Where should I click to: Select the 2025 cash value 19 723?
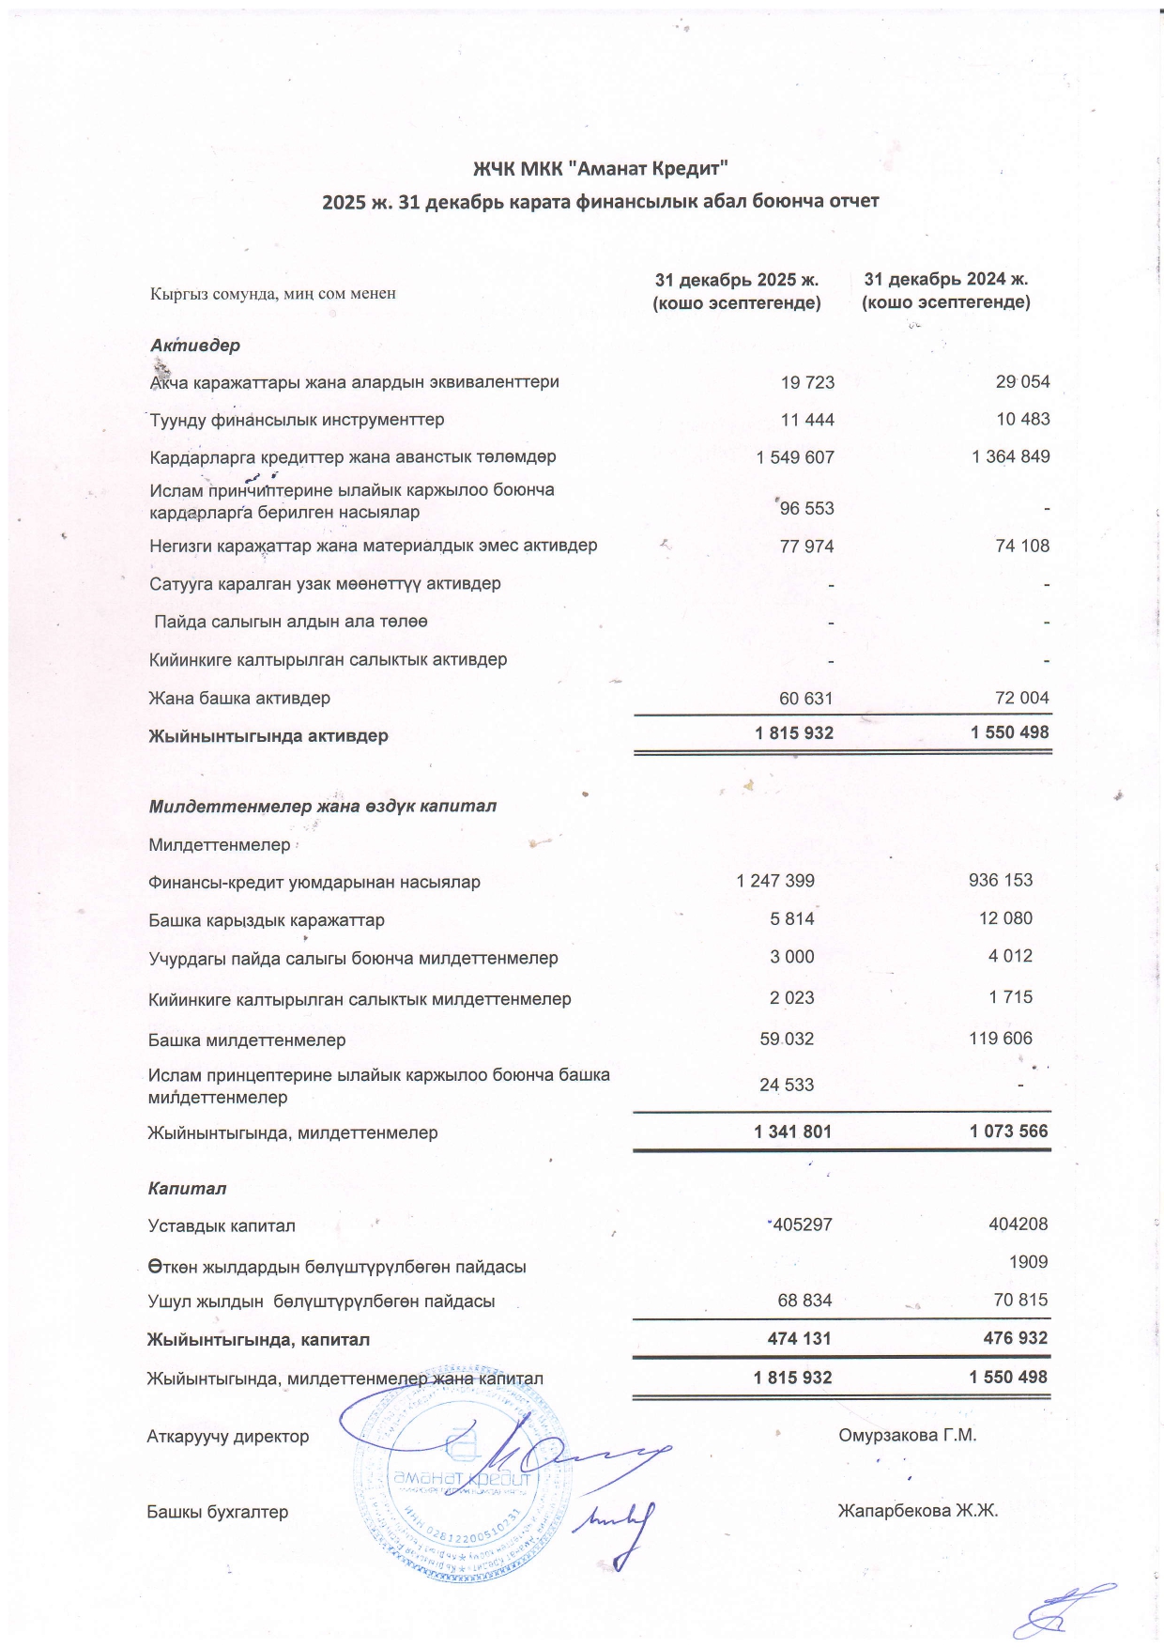tap(807, 382)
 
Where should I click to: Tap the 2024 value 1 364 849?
tap(1011, 456)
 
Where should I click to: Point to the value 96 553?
tap(807, 508)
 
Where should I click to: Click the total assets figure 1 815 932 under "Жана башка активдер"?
tap(794, 732)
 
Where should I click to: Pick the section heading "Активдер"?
tap(195, 345)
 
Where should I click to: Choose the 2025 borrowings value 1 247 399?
tap(775, 881)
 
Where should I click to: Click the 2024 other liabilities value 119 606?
tap(1001, 1038)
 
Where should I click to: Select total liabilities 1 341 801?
tap(792, 1132)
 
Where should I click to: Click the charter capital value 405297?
tap(801, 1224)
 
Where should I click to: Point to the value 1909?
tap(1028, 1262)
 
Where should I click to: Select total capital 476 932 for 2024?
tap(1009, 1338)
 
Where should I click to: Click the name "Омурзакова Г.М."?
tap(908, 1435)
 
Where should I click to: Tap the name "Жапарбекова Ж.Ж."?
tap(918, 1511)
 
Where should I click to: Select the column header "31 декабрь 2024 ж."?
tap(946, 279)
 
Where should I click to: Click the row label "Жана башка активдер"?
tap(239, 698)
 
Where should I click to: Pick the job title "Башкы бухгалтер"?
tap(218, 1512)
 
